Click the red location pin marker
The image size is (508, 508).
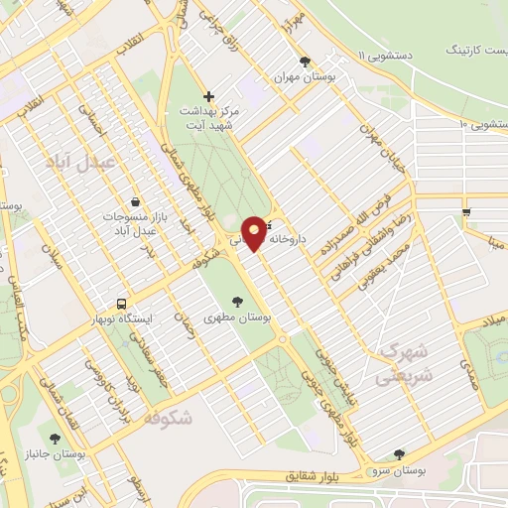(255, 233)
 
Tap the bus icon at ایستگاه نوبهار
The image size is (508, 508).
(122, 303)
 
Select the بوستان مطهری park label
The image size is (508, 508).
(237, 318)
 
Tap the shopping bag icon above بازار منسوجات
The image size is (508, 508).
(135, 201)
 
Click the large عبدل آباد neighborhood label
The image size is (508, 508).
(88, 160)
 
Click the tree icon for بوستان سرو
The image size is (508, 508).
(399, 454)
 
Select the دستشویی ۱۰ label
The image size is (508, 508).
(485, 124)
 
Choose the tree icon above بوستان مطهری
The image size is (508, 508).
(237, 302)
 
